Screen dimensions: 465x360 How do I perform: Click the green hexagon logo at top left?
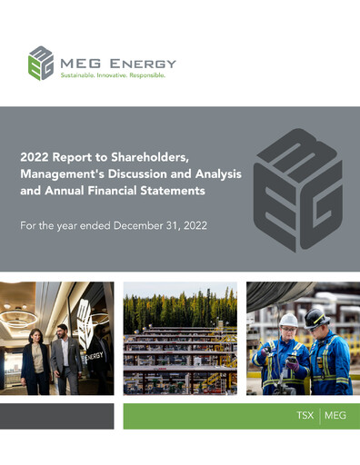41,63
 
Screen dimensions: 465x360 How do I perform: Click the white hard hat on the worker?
289,320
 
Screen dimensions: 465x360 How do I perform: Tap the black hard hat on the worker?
317,317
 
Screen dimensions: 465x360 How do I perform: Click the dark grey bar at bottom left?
56,416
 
